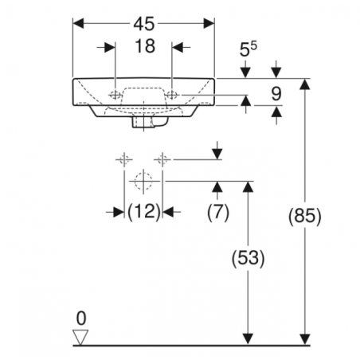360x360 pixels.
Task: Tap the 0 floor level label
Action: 80,319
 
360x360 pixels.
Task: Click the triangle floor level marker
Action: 80,338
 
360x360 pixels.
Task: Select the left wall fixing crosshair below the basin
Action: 124,159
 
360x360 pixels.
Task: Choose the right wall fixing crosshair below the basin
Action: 162,159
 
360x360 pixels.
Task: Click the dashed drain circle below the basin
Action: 143,182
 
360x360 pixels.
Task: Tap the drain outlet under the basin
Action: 143,124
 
